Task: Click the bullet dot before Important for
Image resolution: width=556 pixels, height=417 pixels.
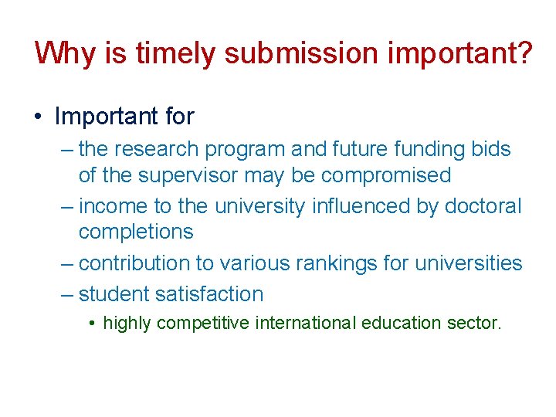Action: tap(38, 117)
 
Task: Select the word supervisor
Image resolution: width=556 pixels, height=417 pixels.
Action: tap(188, 175)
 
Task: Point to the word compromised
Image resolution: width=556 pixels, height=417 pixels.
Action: tap(386, 175)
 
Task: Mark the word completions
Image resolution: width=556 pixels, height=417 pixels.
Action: tap(136, 232)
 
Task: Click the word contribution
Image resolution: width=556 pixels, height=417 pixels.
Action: tap(135, 263)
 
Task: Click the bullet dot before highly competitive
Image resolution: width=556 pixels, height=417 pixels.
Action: tap(92, 324)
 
